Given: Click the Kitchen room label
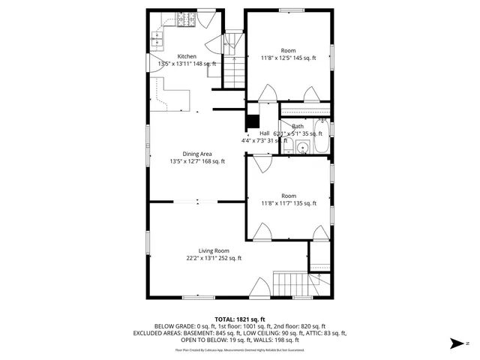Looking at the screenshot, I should (x=187, y=56).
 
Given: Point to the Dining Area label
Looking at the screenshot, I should (x=187, y=154).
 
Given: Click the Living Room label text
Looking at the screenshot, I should (x=214, y=250).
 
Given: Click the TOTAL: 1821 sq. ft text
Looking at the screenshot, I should (x=240, y=319).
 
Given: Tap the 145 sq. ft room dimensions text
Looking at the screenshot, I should (x=289, y=58).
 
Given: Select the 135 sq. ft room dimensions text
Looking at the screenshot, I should (x=289, y=203).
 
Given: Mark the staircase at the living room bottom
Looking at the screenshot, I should (x=291, y=285).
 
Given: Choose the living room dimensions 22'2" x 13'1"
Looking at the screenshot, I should (x=214, y=259).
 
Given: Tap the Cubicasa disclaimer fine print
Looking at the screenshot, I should (x=240, y=349).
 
